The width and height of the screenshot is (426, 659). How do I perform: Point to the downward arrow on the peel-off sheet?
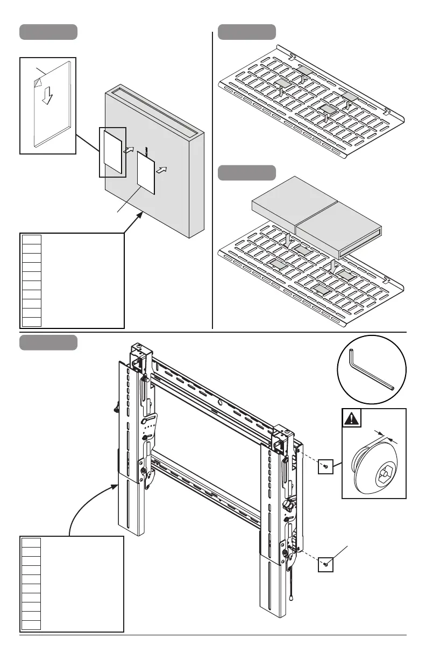point(48,95)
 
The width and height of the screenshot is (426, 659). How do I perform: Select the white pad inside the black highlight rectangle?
point(112,151)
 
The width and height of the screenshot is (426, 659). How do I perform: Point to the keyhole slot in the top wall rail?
point(221,401)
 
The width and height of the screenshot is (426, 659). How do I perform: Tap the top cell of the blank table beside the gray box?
point(32,239)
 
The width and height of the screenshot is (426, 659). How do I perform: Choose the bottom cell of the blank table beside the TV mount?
point(32,625)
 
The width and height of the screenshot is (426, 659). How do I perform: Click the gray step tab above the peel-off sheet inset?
point(48,32)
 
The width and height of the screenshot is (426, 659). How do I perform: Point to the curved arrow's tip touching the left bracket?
point(117,485)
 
